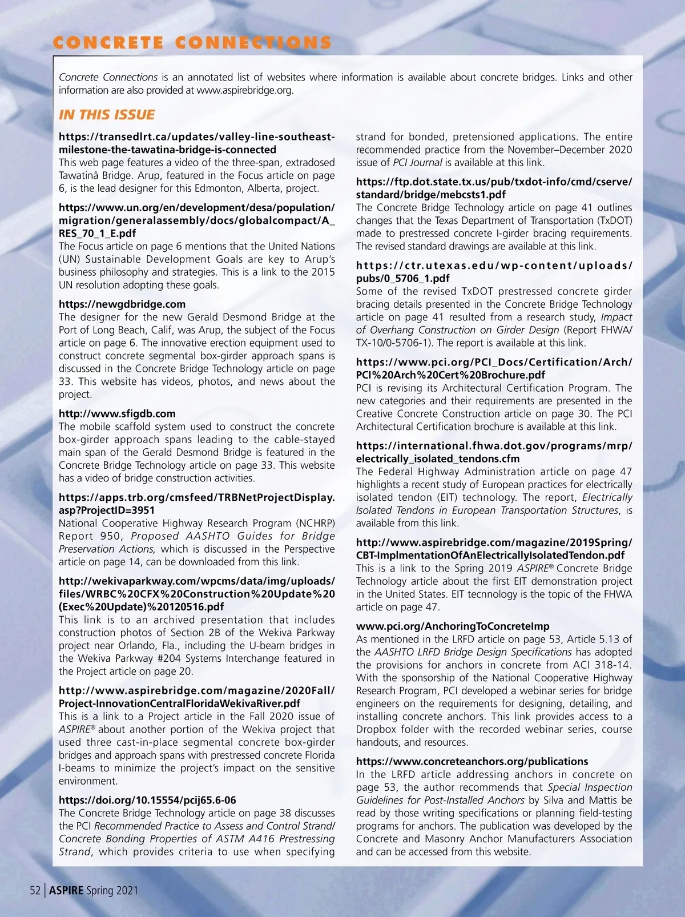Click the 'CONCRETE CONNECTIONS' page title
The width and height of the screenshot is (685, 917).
click(192, 43)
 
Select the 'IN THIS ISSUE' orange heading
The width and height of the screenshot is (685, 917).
click(107, 115)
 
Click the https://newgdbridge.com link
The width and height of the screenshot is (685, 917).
click(122, 304)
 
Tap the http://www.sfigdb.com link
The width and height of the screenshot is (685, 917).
click(117, 414)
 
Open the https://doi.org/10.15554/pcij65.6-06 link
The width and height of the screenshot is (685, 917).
click(147, 801)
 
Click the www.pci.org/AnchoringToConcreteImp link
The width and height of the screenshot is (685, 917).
click(453, 626)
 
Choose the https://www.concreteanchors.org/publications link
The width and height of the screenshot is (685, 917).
click(472, 762)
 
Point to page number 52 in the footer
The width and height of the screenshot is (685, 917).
click(35, 890)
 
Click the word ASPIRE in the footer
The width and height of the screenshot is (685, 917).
click(66, 890)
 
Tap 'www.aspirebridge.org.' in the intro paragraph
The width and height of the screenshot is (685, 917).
click(245, 90)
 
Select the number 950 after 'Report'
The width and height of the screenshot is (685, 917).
click(113, 536)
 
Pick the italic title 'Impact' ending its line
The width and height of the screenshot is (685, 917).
click(616, 317)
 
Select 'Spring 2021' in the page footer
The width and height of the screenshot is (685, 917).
click(112, 890)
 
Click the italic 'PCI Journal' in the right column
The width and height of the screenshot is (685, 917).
click(417, 163)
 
